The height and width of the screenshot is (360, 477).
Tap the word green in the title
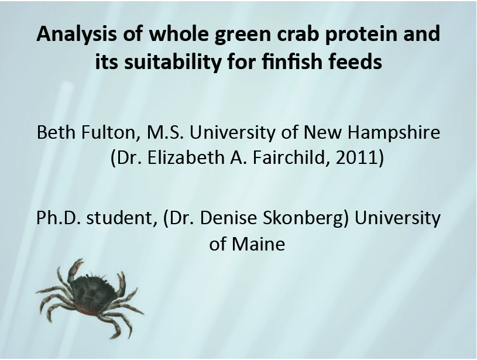point(221,34)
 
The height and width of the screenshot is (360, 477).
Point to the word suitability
point(170,61)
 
